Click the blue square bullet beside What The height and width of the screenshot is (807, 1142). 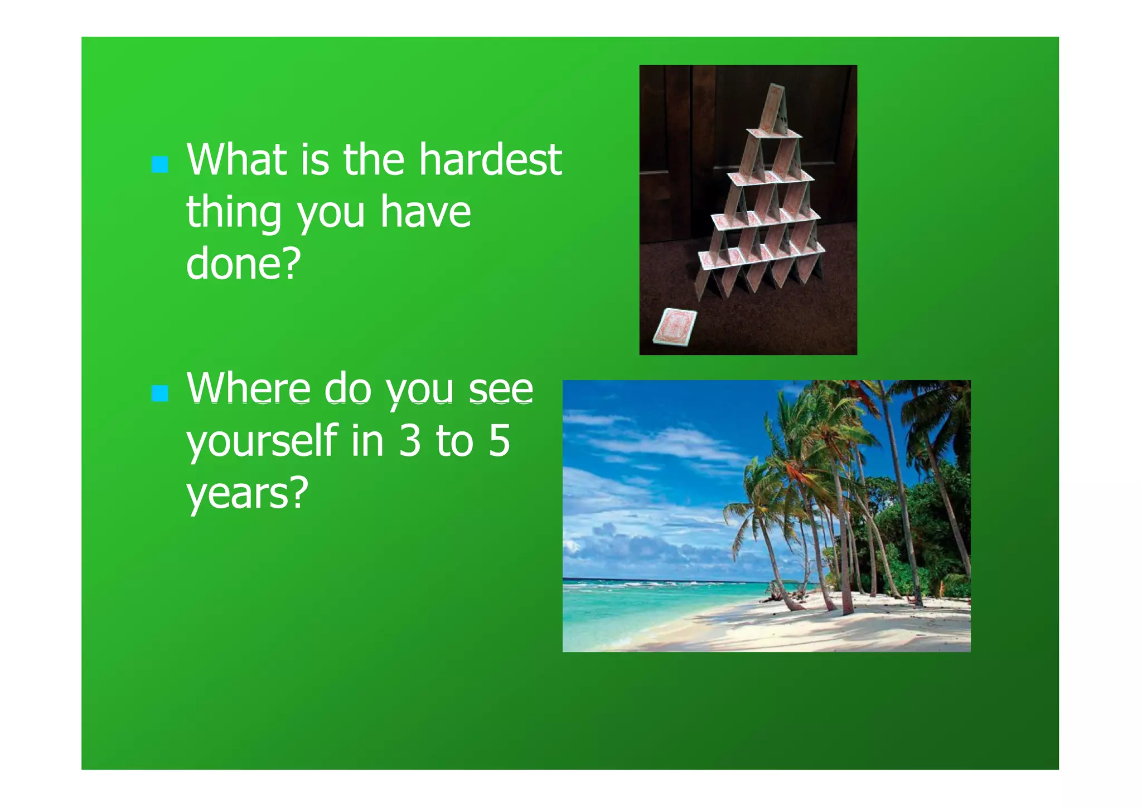pos(160,164)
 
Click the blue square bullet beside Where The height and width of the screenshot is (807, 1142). pos(160,393)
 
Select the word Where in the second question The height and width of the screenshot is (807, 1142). pos(248,388)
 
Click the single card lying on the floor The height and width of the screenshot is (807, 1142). pos(675,327)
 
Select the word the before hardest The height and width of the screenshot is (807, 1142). pos(373,161)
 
